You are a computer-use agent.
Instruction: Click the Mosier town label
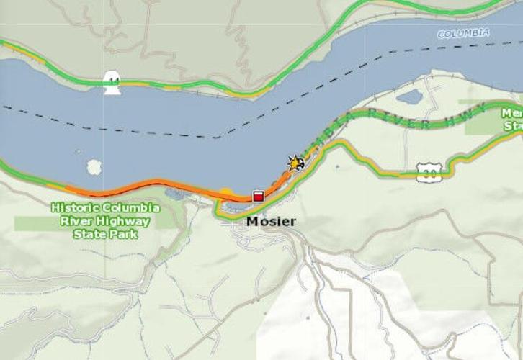point(271,222)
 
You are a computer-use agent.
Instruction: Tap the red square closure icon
point(258,196)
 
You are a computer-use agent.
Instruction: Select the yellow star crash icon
point(295,163)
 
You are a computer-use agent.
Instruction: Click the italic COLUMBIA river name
point(463,33)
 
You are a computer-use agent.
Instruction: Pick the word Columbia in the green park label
point(129,207)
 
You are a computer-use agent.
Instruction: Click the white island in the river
point(94,167)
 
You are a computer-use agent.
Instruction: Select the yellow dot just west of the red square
point(226,193)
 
